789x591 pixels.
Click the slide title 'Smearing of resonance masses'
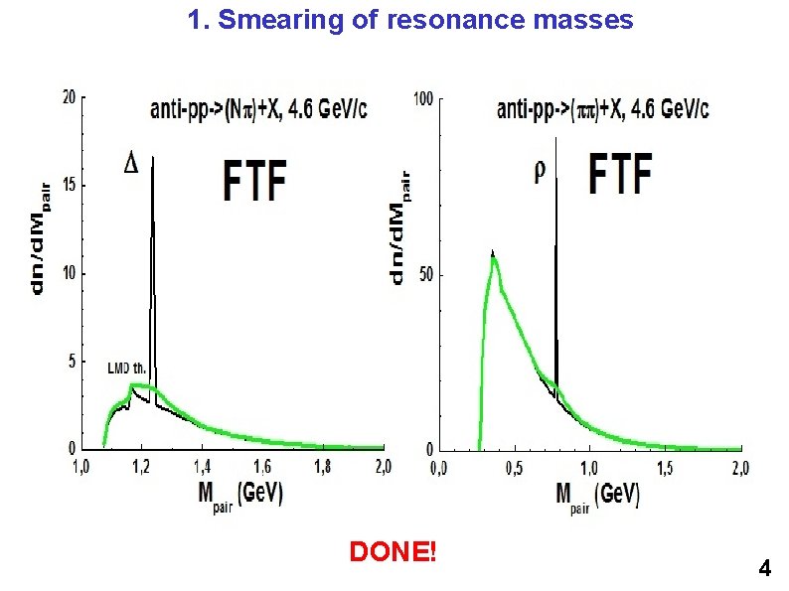(410, 20)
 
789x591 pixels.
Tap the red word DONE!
(393, 551)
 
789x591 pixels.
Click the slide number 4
(763, 569)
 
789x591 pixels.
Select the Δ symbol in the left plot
(131, 163)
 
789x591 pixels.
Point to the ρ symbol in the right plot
(540, 170)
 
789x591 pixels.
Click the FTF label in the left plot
(254, 181)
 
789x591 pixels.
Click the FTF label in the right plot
(621, 174)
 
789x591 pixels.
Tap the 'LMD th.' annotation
(126, 367)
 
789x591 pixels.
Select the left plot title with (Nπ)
(258, 110)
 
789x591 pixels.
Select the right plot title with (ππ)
(602, 109)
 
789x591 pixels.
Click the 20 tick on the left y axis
(69, 97)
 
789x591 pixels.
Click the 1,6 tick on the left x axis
(261, 465)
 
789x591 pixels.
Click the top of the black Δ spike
(152, 159)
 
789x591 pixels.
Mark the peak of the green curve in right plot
(492, 257)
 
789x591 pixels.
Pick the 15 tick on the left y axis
(69, 186)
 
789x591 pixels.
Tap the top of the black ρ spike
(554, 139)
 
